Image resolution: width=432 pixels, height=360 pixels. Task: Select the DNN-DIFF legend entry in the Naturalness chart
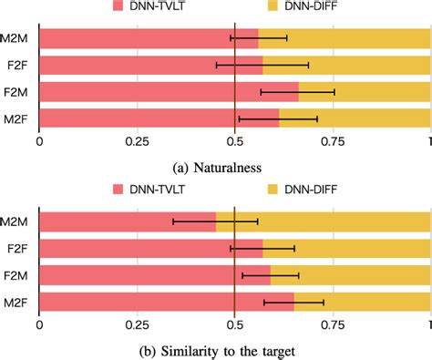307,7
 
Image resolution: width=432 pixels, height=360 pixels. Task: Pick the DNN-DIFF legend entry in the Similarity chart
307,191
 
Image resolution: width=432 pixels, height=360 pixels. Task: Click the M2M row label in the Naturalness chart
18,39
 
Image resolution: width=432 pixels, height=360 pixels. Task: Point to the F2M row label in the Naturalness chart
18,92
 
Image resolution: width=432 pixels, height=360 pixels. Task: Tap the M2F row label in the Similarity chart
18,302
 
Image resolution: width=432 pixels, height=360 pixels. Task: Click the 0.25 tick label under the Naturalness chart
137,142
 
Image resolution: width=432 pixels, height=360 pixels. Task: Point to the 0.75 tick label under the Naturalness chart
333,142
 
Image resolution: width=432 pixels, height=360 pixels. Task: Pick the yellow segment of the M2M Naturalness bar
346,38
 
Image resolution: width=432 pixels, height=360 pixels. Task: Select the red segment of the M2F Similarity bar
164,302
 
